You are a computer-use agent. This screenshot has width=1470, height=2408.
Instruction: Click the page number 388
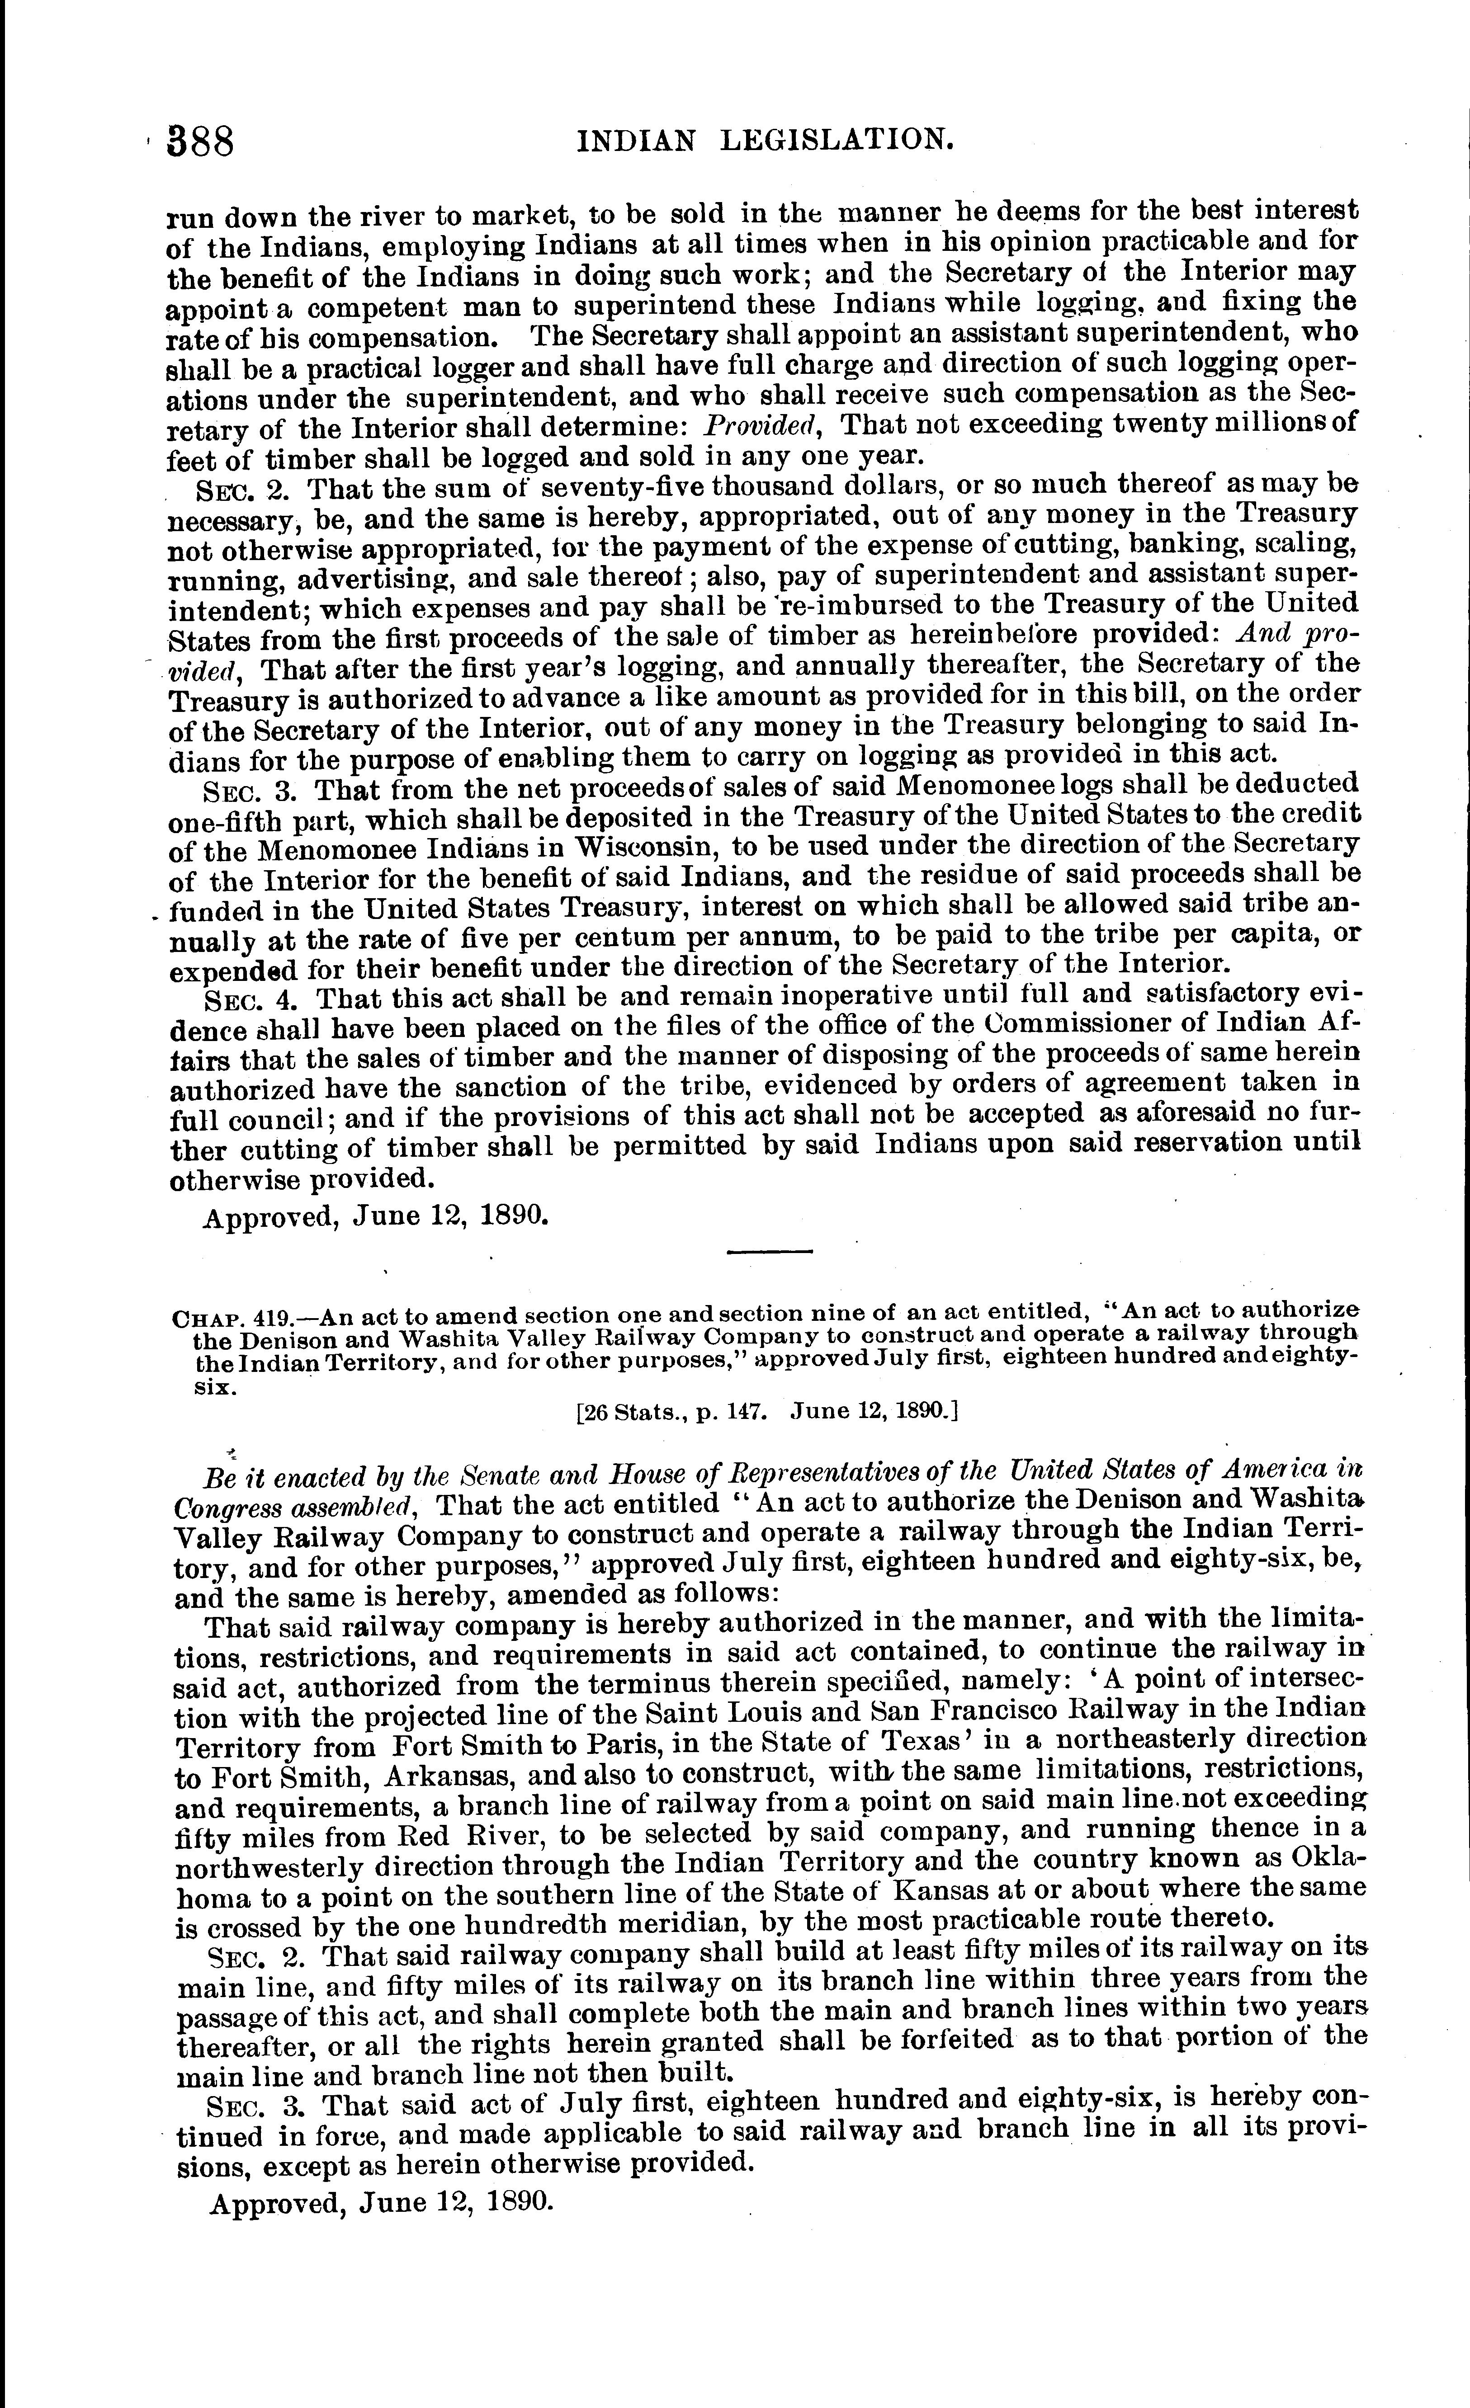click(x=201, y=143)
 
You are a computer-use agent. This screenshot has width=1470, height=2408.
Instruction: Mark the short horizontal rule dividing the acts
click(x=770, y=1252)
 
